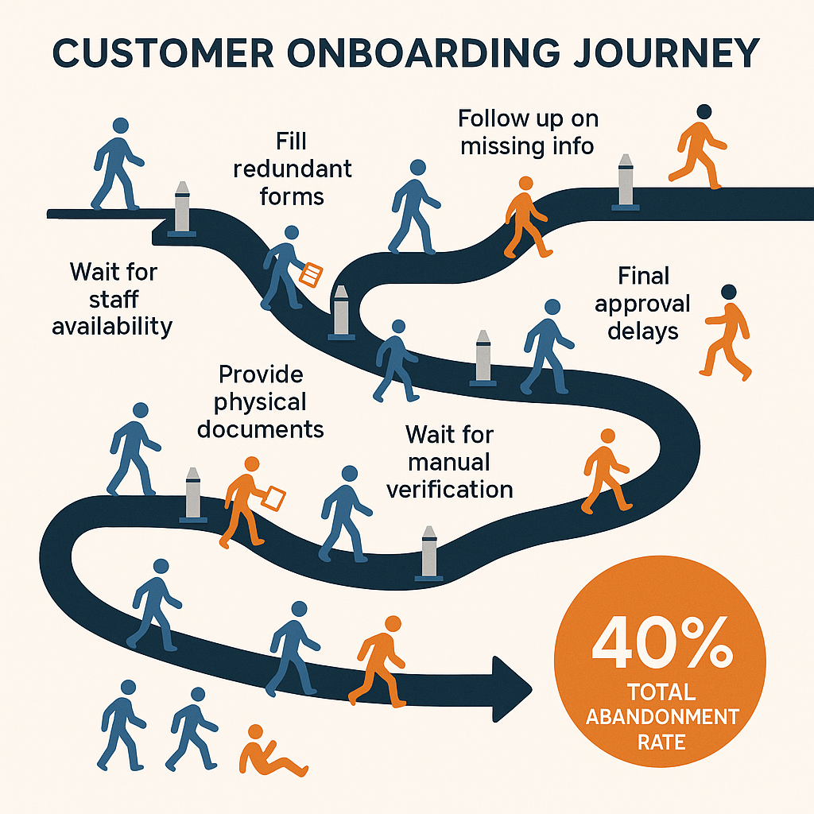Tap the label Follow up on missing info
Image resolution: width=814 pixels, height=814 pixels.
pos(527,132)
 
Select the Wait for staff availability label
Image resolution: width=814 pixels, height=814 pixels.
pos(113,299)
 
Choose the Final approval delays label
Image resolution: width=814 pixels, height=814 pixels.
pos(642,303)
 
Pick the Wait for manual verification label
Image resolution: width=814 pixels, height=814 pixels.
pos(450,461)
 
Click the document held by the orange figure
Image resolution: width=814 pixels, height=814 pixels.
pos(274,498)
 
